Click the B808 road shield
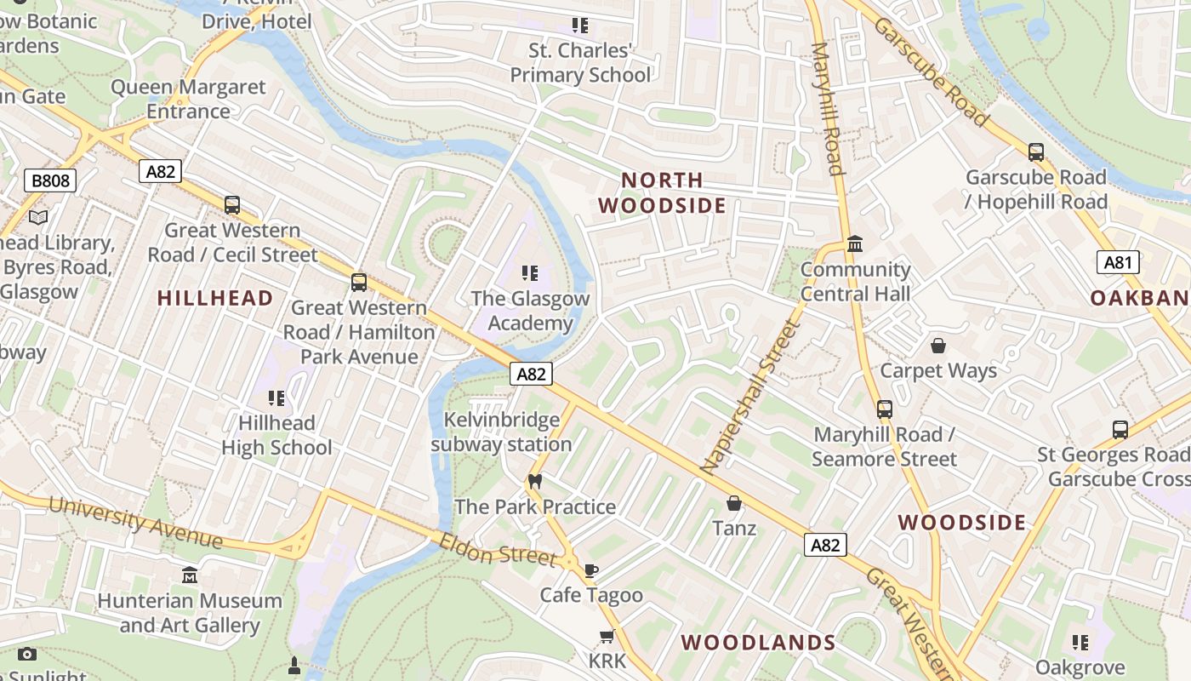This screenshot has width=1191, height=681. pyautogui.click(x=51, y=180)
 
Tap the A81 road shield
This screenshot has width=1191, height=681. pyautogui.click(x=1117, y=262)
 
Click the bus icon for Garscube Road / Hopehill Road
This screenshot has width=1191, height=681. pyautogui.click(x=1035, y=152)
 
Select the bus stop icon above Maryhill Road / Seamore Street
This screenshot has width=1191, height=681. pyautogui.click(x=885, y=409)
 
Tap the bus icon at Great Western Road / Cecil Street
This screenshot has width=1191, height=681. pyautogui.click(x=232, y=205)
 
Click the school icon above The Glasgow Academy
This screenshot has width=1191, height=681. pyautogui.click(x=530, y=273)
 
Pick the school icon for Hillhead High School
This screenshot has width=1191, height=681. pyautogui.click(x=276, y=398)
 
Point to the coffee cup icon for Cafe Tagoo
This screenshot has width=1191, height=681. pyautogui.click(x=591, y=570)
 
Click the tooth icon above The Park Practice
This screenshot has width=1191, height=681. pyautogui.click(x=534, y=481)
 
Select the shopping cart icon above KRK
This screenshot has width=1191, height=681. pyautogui.click(x=607, y=637)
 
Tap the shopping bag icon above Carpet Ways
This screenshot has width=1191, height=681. pyautogui.click(x=938, y=346)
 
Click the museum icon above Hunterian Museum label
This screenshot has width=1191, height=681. pyautogui.click(x=190, y=575)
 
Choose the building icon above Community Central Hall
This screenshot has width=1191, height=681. pyautogui.click(x=855, y=245)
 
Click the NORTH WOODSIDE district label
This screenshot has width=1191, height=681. pyautogui.click(x=662, y=192)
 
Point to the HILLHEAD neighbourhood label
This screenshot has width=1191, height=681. pyautogui.click(x=215, y=298)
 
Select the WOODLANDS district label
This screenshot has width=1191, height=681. pyautogui.click(x=758, y=643)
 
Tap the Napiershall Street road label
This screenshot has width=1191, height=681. pyautogui.click(x=751, y=397)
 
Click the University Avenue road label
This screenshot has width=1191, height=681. pyautogui.click(x=135, y=521)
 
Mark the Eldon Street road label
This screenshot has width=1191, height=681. pyautogui.click(x=498, y=549)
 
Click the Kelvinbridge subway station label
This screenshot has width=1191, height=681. pyautogui.click(x=501, y=432)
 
